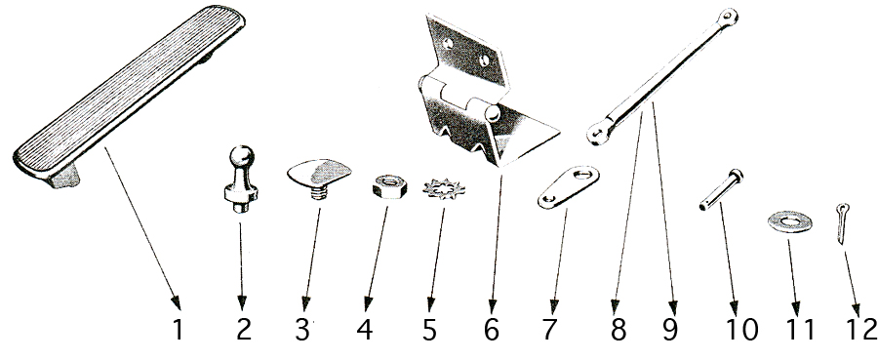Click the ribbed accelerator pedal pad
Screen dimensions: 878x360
129,96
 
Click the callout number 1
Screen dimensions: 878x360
178,330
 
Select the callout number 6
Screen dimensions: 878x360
491,330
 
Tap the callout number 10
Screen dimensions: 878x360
742,330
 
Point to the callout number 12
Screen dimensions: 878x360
861,330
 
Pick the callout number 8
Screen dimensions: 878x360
618,330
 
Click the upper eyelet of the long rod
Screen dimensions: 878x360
729,18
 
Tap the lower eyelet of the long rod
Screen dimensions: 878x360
599,134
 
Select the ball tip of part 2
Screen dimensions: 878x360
242,156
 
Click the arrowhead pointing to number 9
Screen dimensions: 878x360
672,307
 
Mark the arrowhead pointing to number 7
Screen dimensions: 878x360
554,306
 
